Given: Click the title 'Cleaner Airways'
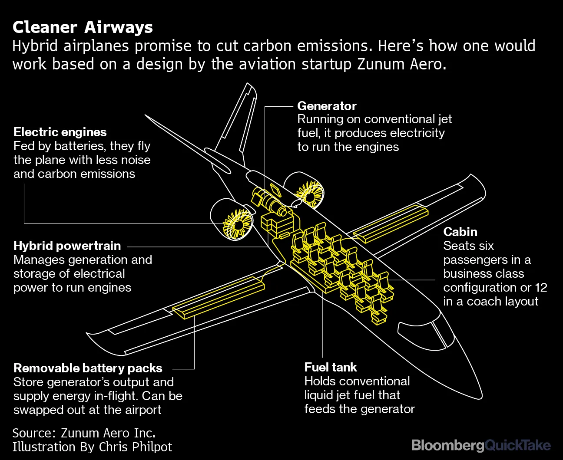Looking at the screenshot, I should point(83,27).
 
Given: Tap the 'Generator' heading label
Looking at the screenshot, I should point(327,106).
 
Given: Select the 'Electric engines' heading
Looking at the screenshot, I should point(60,132).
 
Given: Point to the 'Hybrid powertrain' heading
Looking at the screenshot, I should point(67,246).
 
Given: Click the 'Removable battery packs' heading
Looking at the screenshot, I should point(88,368).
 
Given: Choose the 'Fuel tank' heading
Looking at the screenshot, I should point(330,367).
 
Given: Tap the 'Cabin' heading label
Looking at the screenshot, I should point(460,232).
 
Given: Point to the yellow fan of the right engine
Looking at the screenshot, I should point(310,194).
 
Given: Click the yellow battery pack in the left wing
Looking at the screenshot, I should point(219,297).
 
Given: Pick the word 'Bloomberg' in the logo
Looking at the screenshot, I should point(447,445).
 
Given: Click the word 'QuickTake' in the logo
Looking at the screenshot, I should point(518,445).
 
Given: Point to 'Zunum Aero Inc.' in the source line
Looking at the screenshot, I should point(108,433).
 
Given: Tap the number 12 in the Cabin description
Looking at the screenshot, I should point(541,287).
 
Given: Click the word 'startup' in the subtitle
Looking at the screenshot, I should point(327,64).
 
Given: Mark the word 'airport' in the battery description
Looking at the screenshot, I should point(139,410).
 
